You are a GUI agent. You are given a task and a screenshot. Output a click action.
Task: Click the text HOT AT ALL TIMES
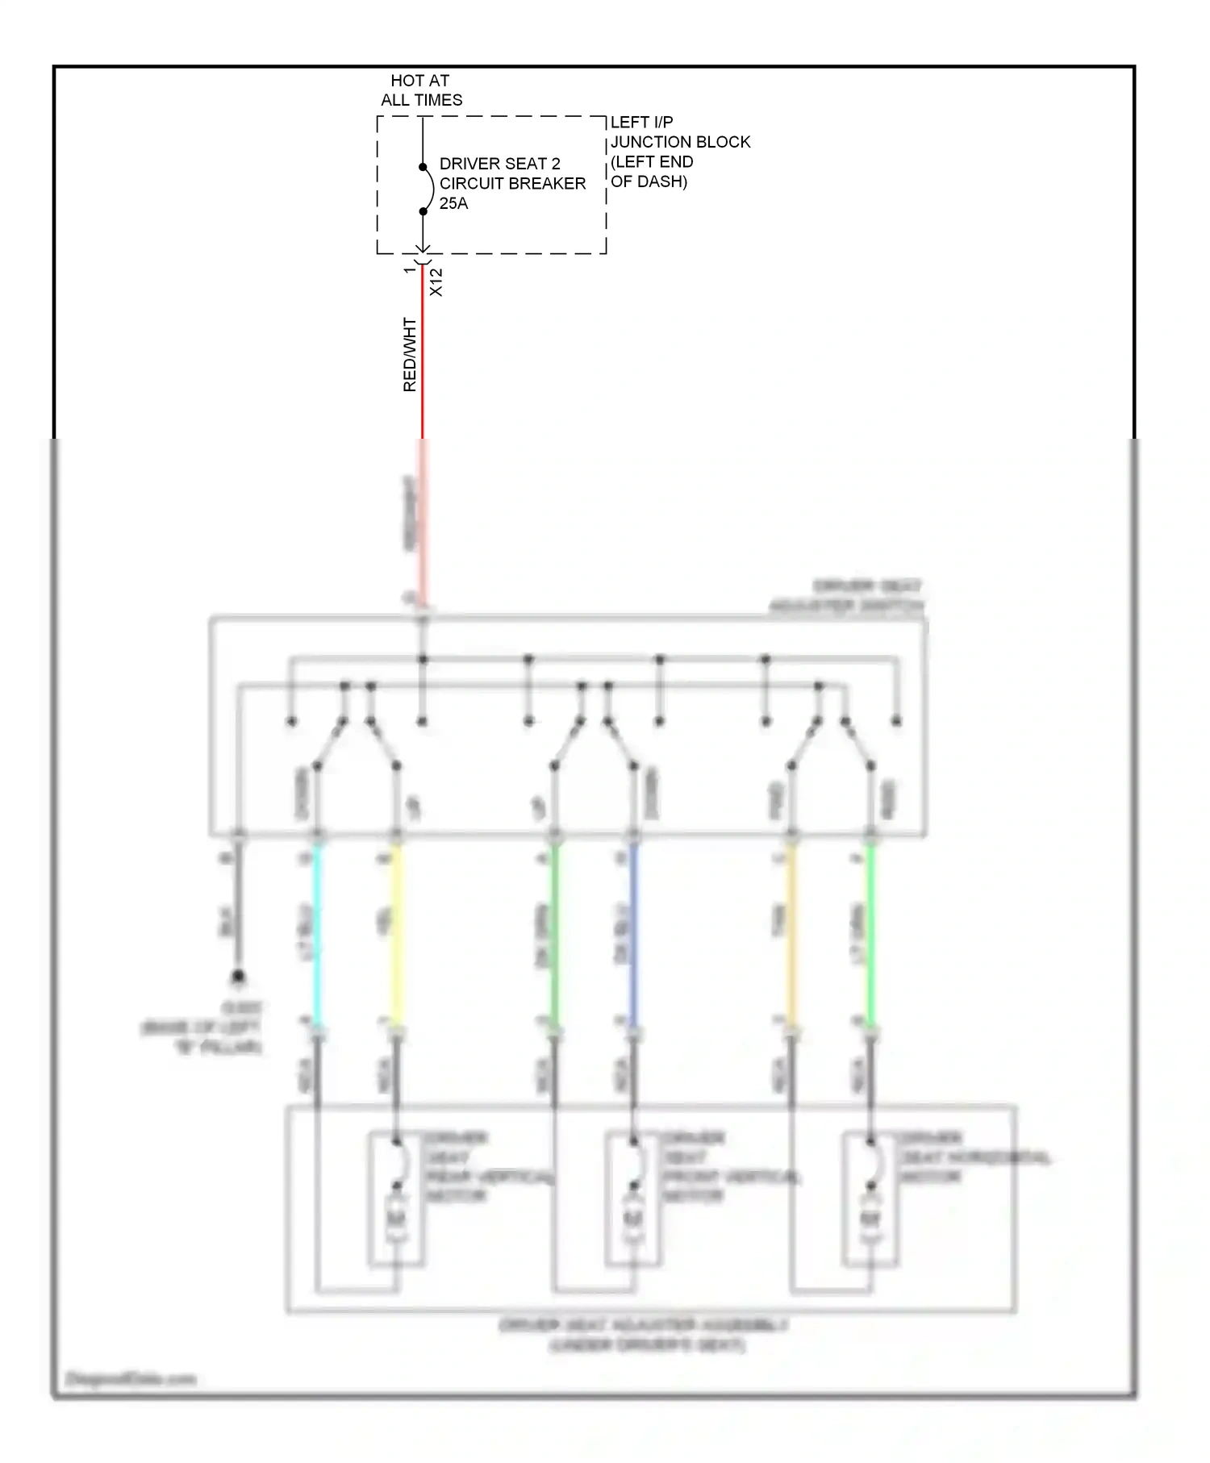tap(421, 90)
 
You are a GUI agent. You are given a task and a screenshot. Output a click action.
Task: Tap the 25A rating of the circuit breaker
tap(453, 203)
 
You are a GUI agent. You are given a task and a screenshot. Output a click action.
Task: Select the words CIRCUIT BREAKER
tap(512, 184)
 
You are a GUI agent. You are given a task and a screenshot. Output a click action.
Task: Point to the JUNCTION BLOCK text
tap(680, 142)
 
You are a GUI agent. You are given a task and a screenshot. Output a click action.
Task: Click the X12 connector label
tap(436, 282)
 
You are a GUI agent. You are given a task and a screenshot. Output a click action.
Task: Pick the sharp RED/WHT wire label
tap(410, 355)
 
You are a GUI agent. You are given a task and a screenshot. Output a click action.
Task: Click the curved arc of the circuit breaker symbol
tap(430, 190)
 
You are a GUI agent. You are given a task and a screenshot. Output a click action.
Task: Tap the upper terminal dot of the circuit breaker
tap(423, 167)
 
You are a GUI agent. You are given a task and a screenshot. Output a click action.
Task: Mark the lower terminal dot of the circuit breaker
tap(423, 211)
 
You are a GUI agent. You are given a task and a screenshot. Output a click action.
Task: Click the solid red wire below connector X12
tap(423, 355)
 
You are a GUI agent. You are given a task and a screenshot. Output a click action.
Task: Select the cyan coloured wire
tap(317, 936)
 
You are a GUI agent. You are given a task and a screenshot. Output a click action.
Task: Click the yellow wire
tap(396, 936)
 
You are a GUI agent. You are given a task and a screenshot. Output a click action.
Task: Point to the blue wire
tap(633, 936)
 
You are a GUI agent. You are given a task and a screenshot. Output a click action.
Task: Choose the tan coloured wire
tap(791, 936)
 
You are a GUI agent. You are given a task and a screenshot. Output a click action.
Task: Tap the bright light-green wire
tap(870, 936)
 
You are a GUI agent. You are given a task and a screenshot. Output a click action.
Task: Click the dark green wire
tap(554, 936)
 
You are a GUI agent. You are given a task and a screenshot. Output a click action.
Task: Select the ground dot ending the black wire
tap(238, 977)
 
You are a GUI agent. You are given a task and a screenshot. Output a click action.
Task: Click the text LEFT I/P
tap(641, 122)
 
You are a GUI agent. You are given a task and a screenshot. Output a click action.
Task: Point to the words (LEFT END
tap(652, 161)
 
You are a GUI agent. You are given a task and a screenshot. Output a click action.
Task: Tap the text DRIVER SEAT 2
tap(499, 164)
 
